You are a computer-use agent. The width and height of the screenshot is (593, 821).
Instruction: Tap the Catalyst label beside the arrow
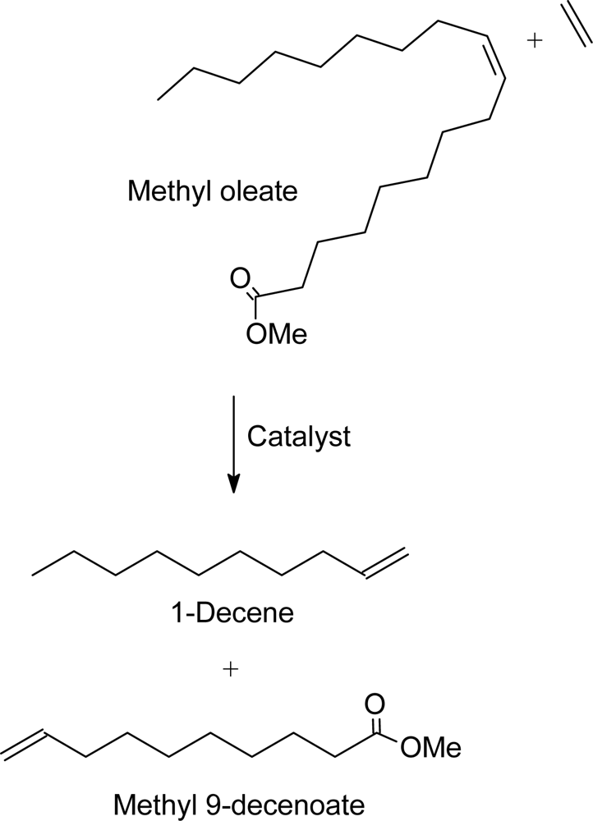(x=298, y=436)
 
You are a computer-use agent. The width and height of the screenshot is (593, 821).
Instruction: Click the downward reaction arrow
(x=234, y=443)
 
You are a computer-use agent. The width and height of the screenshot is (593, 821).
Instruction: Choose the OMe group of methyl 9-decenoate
(x=430, y=747)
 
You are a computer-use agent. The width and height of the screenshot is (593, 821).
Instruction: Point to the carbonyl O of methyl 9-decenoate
(x=375, y=704)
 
